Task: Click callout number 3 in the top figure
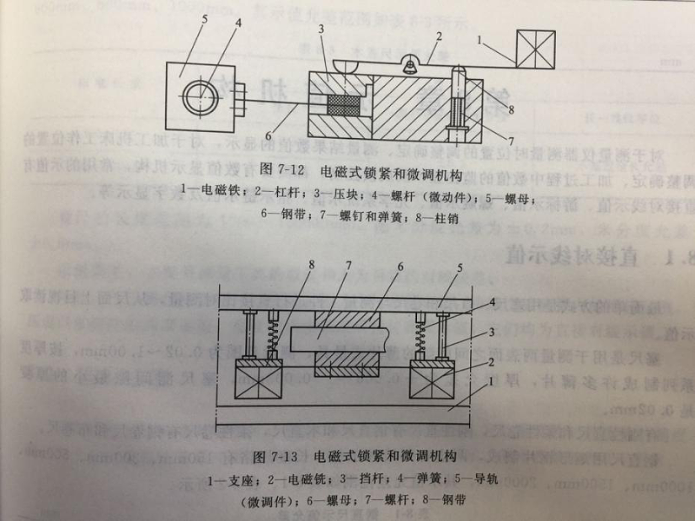(x=321, y=29)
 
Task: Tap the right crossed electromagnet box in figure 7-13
(x=433, y=379)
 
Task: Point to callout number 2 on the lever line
(x=440, y=36)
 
